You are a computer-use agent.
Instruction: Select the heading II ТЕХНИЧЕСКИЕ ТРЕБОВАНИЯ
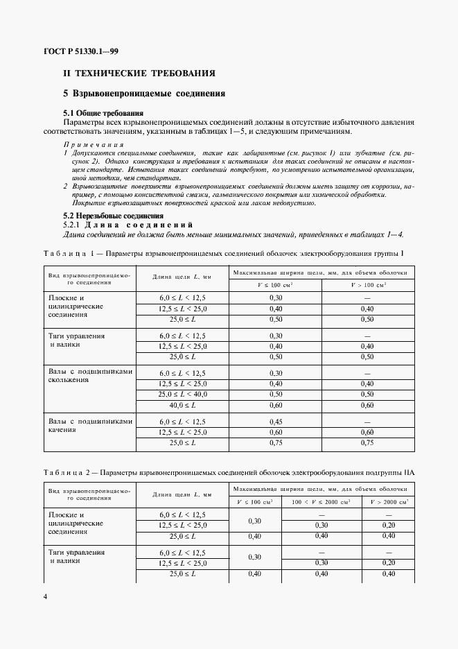pos(139,73)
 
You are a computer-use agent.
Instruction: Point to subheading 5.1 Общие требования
pos(103,112)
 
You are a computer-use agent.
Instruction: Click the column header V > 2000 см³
pos(389,501)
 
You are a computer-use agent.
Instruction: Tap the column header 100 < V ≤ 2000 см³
pos(321,501)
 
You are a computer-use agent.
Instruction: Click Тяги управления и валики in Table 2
pos(77,557)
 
